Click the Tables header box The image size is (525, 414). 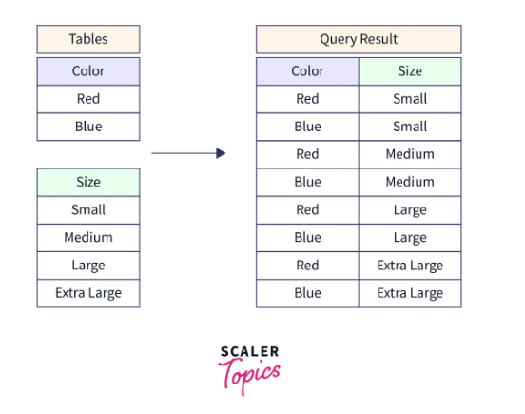pos(88,39)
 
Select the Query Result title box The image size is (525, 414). pos(359,39)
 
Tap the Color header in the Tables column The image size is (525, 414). pos(88,71)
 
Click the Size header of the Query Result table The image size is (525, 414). pos(410,71)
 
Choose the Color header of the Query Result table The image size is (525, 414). pos(307,71)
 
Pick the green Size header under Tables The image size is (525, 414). pos(88,182)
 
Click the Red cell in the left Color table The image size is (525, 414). pos(88,99)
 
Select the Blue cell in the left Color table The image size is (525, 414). pos(88,127)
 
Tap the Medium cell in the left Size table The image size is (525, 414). pos(88,238)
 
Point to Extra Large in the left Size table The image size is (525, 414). pos(88,293)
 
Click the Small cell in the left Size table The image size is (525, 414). pos(88,210)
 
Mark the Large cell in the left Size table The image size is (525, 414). pos(88,266)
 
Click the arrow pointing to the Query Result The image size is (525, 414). pos(188,153)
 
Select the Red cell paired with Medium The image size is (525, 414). pos(307,154)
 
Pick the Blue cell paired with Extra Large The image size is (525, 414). pos(307,293)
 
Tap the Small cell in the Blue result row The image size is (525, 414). pos(410,127)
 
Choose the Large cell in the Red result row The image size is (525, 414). pos(410,210)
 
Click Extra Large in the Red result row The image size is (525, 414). pos(410,266)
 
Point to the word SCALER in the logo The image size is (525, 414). pos(249,352)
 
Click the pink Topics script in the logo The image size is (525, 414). pos(249,375)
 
